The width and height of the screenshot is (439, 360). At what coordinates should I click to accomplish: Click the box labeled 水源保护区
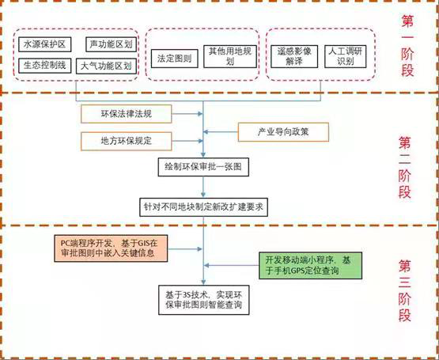[45, 44]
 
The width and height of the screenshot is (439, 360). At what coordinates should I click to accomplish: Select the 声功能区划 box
[112, 44]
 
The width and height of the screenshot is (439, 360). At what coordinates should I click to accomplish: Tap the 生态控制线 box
[45, 66]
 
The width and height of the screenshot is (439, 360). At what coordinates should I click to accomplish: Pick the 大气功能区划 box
[107, 66]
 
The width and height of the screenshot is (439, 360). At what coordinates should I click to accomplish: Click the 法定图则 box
[175, 59]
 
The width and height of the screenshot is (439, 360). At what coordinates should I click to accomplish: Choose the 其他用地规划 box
[230, 56]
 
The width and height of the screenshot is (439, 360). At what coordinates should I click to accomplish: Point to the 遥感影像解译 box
[294, 56]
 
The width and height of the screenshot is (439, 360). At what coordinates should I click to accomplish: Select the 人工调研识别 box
[345, 56]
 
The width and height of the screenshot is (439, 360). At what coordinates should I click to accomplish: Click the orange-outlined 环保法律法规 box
[127, 114]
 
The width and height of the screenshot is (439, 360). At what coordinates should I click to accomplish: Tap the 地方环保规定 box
[127, 141]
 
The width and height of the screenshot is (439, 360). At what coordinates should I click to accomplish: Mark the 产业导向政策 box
[283, 132]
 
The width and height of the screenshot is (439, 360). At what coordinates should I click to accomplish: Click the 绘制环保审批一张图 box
[203, 167]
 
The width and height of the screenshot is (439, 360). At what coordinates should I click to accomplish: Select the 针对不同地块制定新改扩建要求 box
[203, 207]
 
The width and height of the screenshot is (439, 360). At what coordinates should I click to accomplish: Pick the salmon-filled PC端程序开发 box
[111, 248]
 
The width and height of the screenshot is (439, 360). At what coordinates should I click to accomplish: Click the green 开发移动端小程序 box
[310, 265]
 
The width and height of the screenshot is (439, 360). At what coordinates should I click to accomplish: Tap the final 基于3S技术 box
[203, 300]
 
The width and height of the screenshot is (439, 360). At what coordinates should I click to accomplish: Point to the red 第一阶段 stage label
[407, 46]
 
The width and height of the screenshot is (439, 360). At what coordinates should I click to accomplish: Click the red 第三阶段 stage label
[405, 290]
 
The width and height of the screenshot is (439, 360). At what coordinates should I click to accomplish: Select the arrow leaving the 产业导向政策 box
[221, 131]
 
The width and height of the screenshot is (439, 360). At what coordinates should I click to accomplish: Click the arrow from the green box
[232, 265]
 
